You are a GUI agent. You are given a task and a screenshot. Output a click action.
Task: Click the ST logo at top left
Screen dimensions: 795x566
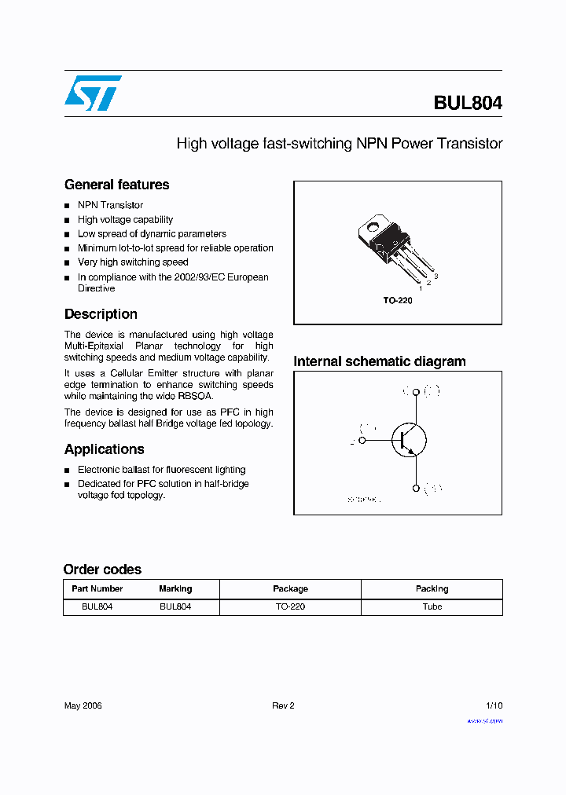point(93,93)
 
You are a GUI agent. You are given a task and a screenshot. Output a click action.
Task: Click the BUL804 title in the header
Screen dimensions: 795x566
point(467,103)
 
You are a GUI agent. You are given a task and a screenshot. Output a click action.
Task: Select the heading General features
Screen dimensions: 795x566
point(116,185)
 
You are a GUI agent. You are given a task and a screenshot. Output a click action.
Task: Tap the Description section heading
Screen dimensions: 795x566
point(101,314)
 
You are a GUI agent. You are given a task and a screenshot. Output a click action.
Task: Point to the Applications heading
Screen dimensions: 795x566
point(104,449)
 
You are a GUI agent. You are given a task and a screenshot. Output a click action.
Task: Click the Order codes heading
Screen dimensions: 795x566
point(102,570)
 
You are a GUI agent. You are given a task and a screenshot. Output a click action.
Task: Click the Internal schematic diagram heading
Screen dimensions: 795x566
point(379,361)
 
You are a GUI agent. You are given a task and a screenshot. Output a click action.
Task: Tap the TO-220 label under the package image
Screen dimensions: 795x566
point(397,301)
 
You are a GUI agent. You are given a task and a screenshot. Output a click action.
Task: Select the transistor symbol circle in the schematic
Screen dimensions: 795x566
point(409,440)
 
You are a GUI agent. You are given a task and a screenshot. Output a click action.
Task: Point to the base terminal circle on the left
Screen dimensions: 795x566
point(362,440)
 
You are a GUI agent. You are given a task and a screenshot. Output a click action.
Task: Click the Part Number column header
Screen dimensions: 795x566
point(97,588)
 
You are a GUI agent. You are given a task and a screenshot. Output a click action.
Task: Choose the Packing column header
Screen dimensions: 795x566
point(432,588)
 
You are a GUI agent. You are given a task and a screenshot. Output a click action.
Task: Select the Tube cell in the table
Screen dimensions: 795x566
point(432,606)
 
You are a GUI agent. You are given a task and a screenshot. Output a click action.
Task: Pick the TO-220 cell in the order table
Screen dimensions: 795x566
point(290,606)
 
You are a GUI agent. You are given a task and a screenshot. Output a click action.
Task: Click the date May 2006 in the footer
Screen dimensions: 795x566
point(83,705)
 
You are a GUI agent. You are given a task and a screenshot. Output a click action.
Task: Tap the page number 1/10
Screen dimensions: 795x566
point(494,705)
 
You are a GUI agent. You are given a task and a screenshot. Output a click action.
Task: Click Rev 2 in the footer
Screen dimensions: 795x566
point(283,705)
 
